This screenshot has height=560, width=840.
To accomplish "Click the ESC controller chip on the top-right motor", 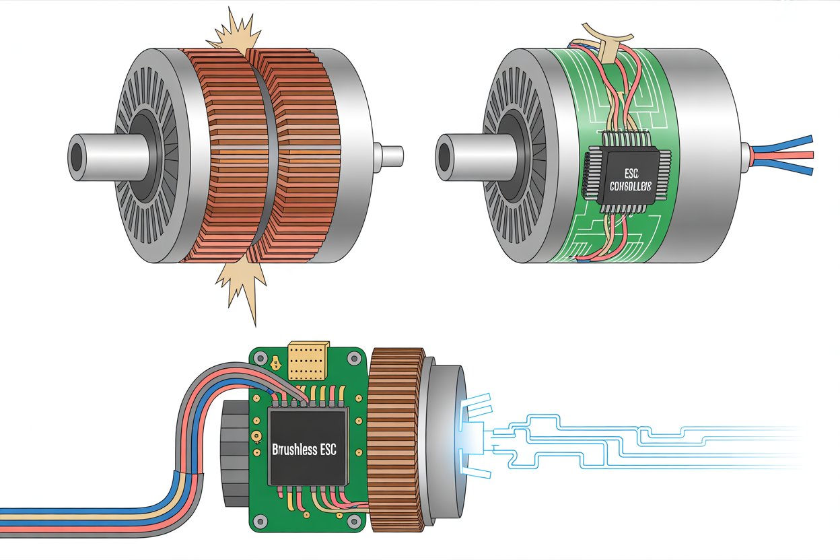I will click(x=623, y=176).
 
